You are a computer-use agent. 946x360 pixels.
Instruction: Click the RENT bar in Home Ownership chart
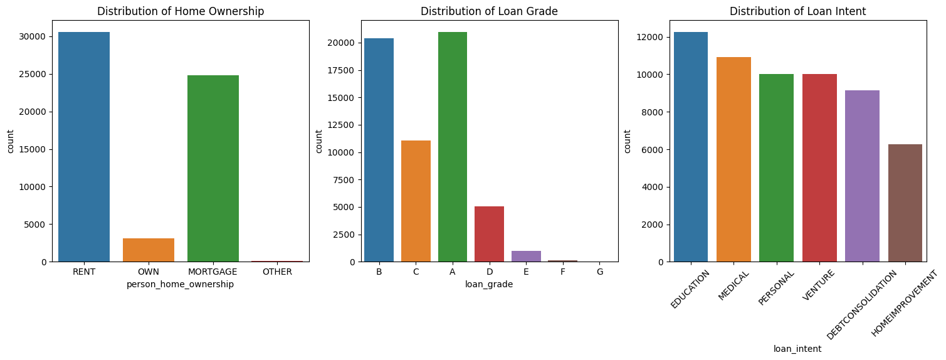[84, 147]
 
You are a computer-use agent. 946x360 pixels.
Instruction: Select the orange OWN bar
[149, 250]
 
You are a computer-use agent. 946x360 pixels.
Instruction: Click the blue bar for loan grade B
[379, 150]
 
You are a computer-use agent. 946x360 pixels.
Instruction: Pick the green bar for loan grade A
[453, 147]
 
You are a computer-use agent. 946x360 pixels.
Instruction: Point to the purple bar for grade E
[526, 256]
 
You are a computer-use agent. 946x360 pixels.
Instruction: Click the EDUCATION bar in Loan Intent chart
[690, 147]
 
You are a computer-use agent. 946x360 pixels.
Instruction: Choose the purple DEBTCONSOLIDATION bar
[862, 176]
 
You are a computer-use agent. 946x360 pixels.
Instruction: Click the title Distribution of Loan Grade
[489, 11]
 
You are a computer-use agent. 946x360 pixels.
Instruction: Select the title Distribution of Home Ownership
[181, 11]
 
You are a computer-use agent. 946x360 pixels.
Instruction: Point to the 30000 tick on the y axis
[33, 36]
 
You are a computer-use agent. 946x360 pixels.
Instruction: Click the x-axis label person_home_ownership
[181, 284]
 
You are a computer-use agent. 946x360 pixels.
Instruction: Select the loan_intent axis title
[797, 349]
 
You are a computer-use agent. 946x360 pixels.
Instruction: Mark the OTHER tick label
[278, 272]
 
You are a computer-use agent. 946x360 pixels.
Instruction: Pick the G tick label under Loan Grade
[600, 272]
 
